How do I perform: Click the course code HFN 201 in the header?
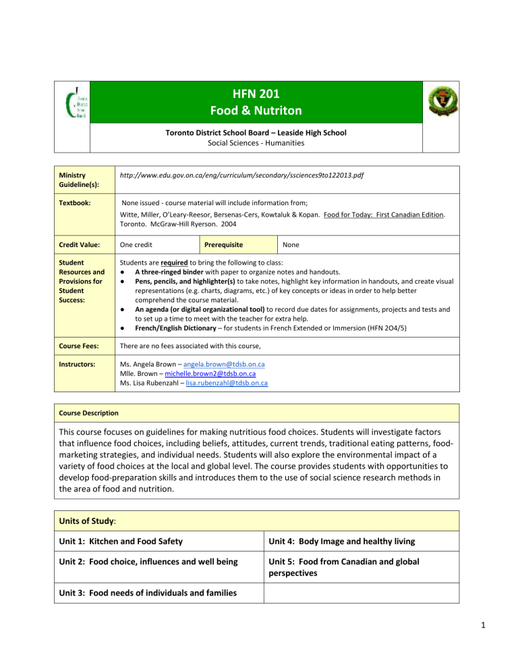(259, 95)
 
